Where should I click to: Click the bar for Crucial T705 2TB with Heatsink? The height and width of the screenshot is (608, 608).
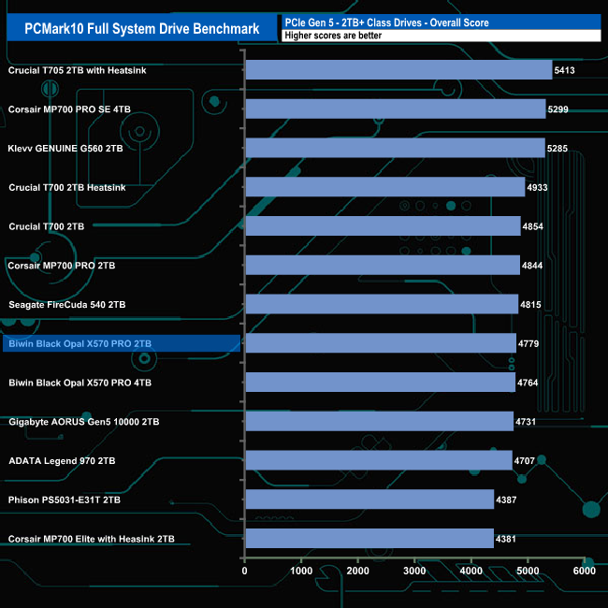tap(398, 70)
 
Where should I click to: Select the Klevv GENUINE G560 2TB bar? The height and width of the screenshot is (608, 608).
tap(395, 148)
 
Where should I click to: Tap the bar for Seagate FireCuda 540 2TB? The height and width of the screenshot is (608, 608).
tap(382, 304)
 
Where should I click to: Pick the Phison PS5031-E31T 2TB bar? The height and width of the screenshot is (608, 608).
tap(369, 499)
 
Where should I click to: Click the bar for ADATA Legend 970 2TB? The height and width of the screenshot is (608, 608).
tap(378, 460)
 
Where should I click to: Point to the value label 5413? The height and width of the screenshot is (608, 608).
tap(567, 70)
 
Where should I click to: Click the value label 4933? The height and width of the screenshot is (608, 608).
tap(540, 187)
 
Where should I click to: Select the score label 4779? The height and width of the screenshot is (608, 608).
tap(531, 343)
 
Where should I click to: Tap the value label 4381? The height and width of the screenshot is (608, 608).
tap(509, 539)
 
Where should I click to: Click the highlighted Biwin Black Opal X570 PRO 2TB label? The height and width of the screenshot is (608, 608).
tap(80, 344)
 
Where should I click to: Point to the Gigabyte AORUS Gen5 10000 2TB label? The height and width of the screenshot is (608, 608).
tap(83, 422)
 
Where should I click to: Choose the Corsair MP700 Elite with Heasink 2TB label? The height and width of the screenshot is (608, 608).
tap(91, 539)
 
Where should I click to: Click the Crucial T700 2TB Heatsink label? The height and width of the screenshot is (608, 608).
tap(66, 187)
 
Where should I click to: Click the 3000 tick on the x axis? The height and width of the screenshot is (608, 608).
tap(414, 571)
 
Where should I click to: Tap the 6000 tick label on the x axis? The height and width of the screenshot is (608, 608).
tap(584, 571)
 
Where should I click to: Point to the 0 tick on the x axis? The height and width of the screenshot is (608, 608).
tap(245, 571)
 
